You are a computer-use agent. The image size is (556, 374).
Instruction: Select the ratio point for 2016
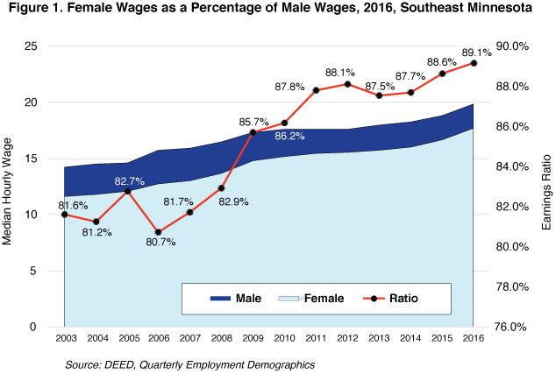[474, 63]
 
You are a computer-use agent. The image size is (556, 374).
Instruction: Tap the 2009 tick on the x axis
[253, 338]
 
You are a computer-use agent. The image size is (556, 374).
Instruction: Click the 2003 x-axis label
[64, 338]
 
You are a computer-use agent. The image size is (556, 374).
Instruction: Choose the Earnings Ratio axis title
[545, 185]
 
